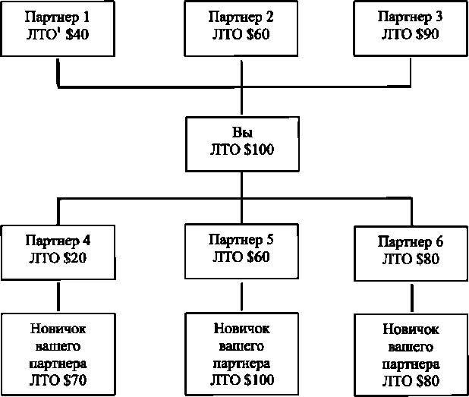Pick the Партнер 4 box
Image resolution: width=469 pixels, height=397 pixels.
pos(58,251)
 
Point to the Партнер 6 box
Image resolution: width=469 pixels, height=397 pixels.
pos(410,253)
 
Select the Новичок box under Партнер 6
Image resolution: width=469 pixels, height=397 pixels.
pos(410,355)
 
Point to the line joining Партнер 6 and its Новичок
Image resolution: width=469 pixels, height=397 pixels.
pos(410,296)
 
